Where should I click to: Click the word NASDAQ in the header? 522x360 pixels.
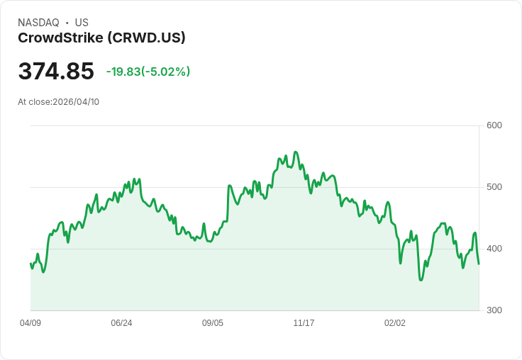tap(38, 23)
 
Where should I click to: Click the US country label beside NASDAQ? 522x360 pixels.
tap(82, 23)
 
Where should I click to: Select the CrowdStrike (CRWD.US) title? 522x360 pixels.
tap(101, 38)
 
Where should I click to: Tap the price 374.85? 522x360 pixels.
tap(56, 72)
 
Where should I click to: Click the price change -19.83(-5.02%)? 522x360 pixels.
tap(148, 72)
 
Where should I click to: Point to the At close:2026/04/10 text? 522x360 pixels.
tap(59, 102)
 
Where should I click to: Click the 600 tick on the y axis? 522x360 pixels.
tap(494, 125)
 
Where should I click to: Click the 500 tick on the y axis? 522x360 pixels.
tap(494, 187)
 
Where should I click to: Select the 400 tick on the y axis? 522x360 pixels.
tap(494, 249)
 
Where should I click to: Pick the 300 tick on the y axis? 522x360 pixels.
tap(494, 310)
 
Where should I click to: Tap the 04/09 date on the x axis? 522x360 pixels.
tap(30, 323)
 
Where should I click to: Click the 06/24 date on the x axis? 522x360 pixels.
tap(121, 323)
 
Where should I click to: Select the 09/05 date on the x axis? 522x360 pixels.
tap(213, 323)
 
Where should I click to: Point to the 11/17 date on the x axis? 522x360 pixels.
tap(304, 323)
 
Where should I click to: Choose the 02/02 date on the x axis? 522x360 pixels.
tap(395, 323)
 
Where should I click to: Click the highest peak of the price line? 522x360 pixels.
tap(295, 152)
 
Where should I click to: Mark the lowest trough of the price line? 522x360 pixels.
tap(421, 280)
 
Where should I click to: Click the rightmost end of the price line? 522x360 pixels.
tap(479, 264)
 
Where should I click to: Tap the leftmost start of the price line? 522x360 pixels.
tap(30, 264)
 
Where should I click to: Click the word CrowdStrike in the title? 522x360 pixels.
tap(60, 38)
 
